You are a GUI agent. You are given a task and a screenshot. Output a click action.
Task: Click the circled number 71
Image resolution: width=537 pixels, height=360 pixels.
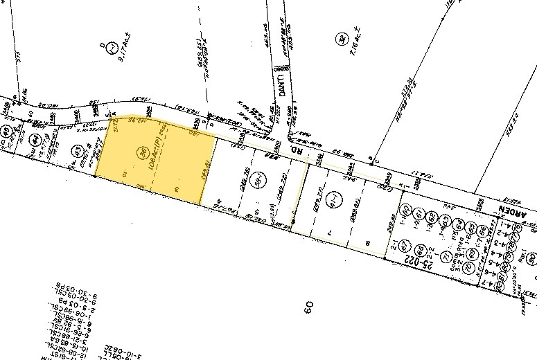[x=448, y=256]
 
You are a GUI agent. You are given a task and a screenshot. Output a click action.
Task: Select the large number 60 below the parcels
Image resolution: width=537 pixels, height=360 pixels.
[x=308, y=307]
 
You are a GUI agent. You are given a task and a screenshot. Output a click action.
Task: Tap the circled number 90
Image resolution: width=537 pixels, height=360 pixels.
[x=530, y=259]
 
